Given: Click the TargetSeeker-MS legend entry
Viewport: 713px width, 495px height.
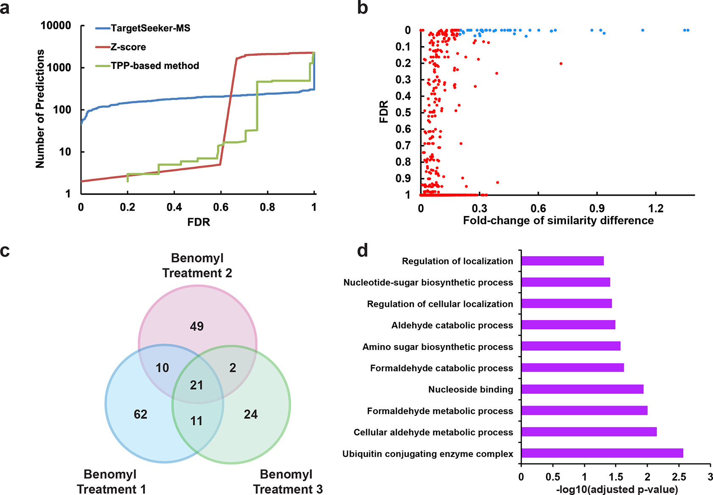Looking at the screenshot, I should [150, 28].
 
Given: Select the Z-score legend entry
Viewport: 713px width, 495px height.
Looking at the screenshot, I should [128, 47].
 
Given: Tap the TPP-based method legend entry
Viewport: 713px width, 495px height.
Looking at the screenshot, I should [155, 66].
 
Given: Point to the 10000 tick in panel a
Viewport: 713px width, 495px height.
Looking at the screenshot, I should [56, 26].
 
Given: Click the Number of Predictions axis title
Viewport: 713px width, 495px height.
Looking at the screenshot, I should [40, 109].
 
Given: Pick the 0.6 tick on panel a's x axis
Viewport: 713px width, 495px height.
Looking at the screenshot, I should [221, 207].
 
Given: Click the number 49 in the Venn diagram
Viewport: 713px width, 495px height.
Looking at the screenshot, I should [197, 326].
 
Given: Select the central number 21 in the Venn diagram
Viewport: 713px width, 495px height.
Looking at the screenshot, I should [197, 385].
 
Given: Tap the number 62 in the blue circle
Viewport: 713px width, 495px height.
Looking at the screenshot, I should [141, 414].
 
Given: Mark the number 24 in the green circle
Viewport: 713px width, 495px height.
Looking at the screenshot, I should [250, 414].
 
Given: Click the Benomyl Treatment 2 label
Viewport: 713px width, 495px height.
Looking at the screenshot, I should [197, 265].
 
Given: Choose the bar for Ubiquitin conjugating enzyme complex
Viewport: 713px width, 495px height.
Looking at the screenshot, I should [602, 453].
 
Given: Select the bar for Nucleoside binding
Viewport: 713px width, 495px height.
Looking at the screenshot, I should [582, 389].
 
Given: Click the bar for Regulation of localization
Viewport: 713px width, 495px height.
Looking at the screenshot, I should [562, 261].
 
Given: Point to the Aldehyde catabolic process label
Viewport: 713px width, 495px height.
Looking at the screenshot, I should [452, 325].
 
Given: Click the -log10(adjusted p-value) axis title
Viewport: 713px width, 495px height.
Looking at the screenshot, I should [617, 489].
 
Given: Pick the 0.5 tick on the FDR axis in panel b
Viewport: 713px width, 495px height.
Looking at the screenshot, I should [403, 112].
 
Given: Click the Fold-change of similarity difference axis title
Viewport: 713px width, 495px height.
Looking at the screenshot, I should [558, 221].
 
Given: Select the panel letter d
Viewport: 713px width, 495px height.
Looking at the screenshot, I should [363, 250].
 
